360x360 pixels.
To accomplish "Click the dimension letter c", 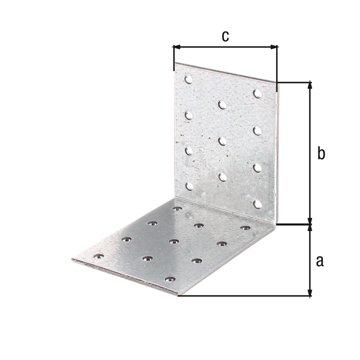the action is pos(225,37).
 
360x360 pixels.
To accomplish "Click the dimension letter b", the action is pos(321,152).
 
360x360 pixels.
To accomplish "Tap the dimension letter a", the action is pos(320,261).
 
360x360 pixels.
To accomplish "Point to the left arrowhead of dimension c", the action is pos(177,47).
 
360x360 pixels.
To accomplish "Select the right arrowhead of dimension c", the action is pos(274,47).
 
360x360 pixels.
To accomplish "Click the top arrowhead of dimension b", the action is pos(310,85).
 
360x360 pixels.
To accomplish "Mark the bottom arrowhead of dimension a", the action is pos(310,292).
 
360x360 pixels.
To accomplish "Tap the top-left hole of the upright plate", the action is pos(188,79).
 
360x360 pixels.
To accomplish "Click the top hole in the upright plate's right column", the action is pos(258,94).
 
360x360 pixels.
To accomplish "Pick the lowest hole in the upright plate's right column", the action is pos(258,204).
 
